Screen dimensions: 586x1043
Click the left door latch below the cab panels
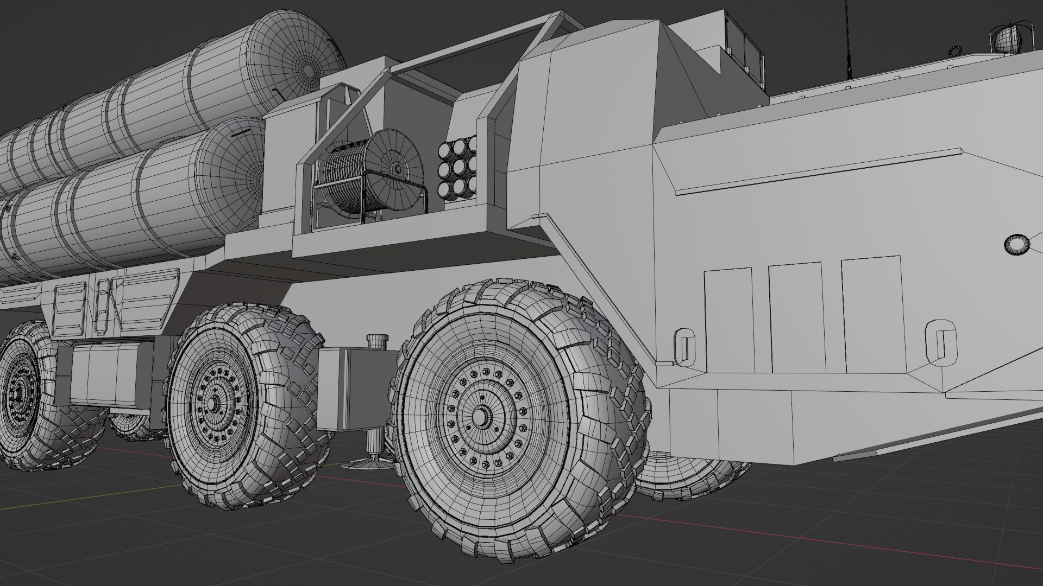[686, 345]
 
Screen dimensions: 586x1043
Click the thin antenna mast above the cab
[846, 38]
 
